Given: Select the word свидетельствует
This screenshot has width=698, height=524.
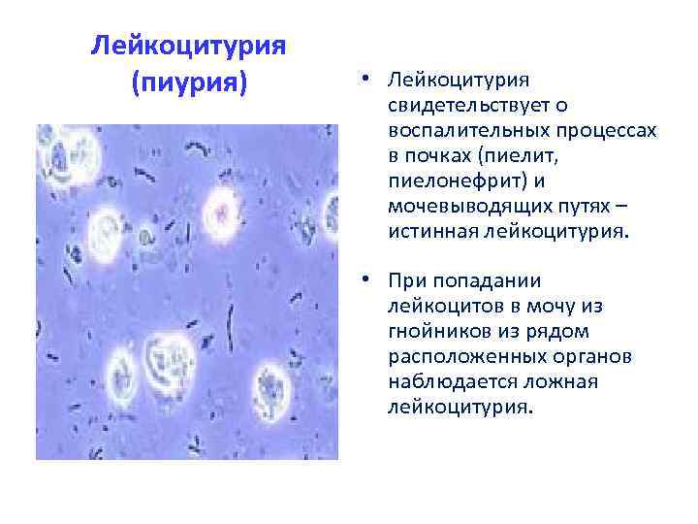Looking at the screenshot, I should (449, 105).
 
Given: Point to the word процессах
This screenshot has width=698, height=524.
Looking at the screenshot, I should (609, 130).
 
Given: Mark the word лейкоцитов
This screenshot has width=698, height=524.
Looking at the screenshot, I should (437, 307).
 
